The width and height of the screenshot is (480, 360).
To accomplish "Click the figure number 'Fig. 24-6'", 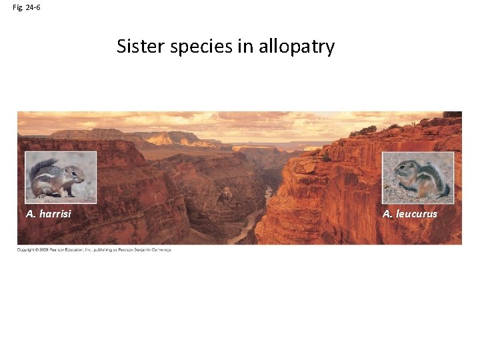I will point(27,7).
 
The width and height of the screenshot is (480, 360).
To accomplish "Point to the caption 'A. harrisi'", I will point(49,214).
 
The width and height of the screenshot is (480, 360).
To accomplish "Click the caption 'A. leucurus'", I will point(410,214).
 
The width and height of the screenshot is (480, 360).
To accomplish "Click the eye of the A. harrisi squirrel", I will point(73,171).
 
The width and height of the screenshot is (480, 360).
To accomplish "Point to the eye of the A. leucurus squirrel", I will point(405,168).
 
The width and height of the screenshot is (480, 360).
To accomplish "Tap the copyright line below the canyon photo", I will point(94,249).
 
